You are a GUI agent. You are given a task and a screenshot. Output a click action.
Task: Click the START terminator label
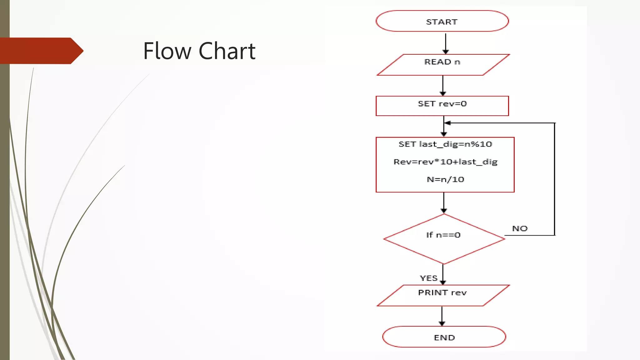point(442,22)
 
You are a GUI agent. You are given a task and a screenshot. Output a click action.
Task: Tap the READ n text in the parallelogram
point(442,62)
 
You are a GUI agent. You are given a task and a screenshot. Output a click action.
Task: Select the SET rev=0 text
point(442,104)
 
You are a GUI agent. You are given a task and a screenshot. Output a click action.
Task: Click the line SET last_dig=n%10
point(445,144)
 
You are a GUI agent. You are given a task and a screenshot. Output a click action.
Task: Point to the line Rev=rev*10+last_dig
point(445,162)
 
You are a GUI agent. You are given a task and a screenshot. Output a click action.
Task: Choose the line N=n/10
point(445,179)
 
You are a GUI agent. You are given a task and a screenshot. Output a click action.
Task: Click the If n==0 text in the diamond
point(443,235)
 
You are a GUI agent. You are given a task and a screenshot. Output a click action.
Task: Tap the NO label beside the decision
point(520,228)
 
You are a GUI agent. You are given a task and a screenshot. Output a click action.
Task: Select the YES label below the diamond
point(428,278)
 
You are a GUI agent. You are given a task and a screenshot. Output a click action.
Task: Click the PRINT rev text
point(442,293)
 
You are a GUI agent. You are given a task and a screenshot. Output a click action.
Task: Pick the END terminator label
point(444,338)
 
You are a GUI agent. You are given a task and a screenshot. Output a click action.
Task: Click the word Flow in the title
point(167,51)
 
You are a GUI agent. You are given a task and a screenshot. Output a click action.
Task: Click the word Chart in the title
point(227,51)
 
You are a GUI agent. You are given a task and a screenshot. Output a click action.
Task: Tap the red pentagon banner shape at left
point(41,51)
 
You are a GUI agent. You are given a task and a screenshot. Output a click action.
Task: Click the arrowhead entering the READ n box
point(446,52)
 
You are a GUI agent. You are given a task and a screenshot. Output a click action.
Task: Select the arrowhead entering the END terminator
point(442,323)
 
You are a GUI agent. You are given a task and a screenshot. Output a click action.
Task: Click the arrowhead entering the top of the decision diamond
point(444,211)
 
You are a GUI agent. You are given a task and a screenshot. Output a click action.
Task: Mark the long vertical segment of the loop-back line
point(555,178)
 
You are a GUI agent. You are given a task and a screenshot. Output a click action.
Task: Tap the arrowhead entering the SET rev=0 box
point(443,93)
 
